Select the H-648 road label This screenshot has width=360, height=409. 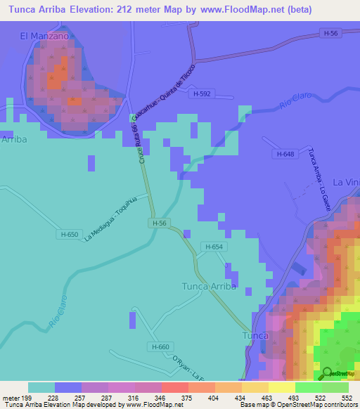coord(285,155)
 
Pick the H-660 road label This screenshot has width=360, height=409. coord(160,347)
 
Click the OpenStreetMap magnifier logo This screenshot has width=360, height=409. coord(326,373)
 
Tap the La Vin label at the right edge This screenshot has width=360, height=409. coord(346,182)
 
